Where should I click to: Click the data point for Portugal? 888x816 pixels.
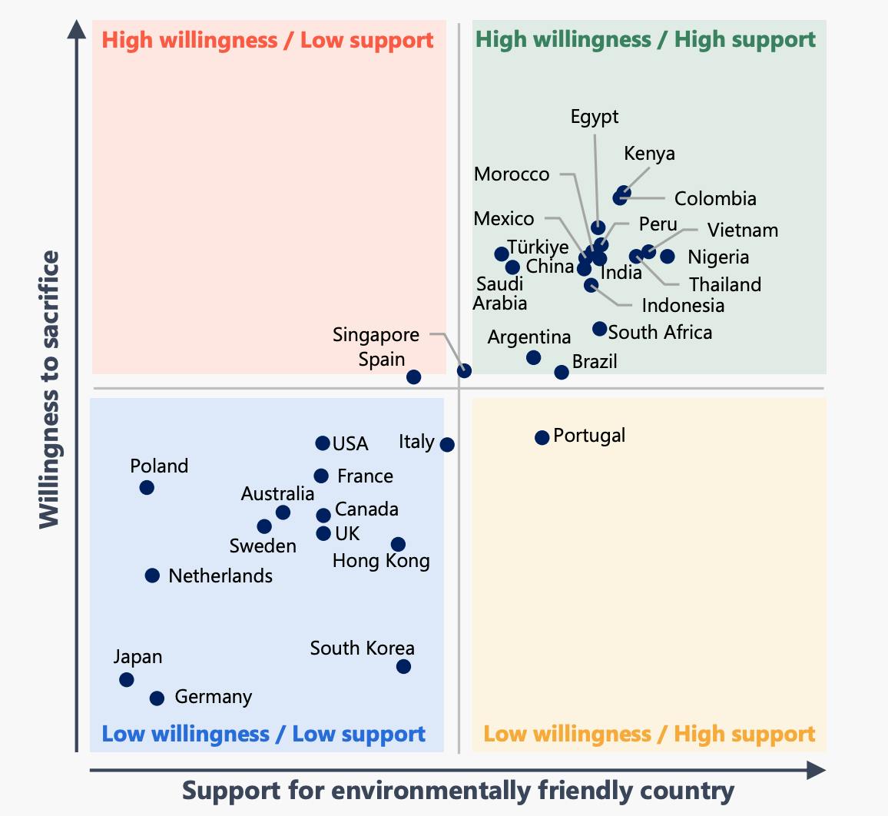(x=542, y=437)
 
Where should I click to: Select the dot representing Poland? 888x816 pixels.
(x=147, y=487)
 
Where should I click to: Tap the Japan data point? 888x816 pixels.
(x=127, y=679)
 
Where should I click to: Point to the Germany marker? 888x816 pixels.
(x=157, y=698)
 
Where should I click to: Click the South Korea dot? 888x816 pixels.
(x=403, y=666)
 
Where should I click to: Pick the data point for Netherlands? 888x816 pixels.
(x=152, y=575)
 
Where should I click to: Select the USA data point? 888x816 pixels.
(x=323, y=443)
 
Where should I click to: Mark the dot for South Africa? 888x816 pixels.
(x=599, y=329)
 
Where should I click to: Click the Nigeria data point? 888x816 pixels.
(x=667, y=257)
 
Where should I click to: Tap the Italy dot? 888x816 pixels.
(x=447, y=444)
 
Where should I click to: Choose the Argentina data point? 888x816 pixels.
(x=533, y=357)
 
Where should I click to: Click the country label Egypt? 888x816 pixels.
(x=595, y=117)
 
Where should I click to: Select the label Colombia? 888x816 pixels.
(x=715, y=198)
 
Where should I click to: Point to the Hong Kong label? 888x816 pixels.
(x=381, y=561)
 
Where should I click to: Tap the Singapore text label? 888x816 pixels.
(x=376, y=335)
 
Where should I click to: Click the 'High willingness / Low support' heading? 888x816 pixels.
(x=267, y=40)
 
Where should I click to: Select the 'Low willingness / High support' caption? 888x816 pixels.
(x=649, y=734)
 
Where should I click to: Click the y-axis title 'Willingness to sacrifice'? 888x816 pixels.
(x=49, y=389)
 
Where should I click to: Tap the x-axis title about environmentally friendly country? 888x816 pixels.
(x=458, y=791)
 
